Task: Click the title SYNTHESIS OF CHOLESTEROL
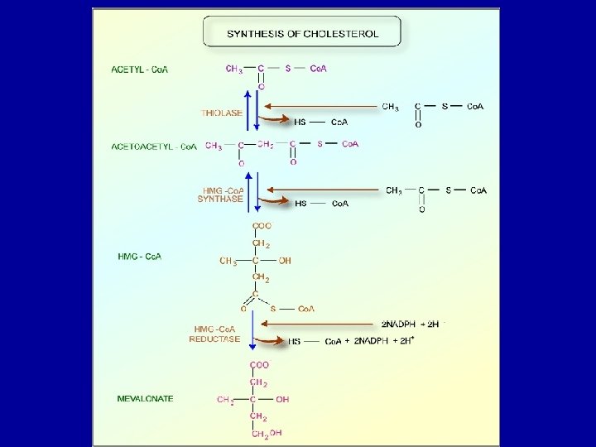click(302, 33)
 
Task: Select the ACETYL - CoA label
click(140, 70)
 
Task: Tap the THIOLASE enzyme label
click(222, 113)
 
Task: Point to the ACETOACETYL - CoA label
click(154, 147)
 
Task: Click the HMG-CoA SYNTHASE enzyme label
click(220, 194)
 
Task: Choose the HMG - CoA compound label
click(140, 257)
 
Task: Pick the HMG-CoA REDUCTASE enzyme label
click(215, 334)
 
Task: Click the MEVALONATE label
click(146, 398)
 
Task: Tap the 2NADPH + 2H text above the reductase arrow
click(410, 323)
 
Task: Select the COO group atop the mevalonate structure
click(261, 365)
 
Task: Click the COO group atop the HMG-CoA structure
click(261, 226)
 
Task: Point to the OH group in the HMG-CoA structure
click(285, 261)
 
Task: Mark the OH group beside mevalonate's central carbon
click(283, 399)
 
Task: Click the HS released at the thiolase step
click(300, 122)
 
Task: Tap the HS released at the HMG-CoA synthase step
click(300, 204)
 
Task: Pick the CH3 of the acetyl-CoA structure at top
click(233, 70)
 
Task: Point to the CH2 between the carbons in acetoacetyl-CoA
click(266, 146)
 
